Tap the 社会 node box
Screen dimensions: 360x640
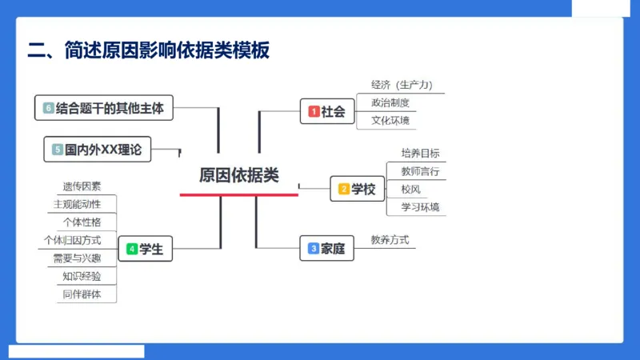click(x=328, y=112)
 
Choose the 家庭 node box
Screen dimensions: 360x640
click(x=326, y=249)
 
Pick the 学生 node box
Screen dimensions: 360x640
click(x=145, y=250)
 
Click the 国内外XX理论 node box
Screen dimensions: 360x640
click(x=98, y=149)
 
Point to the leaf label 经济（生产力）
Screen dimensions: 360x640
click(x=406, y=85)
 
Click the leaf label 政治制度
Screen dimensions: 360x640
click(x=390, y=102)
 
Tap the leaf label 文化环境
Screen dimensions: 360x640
click(x=390, y=121)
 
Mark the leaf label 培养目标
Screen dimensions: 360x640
click(x=420, y=153)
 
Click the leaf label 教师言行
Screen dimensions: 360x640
click(x=420, y=171)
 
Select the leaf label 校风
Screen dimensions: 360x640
click(x=411, y=190)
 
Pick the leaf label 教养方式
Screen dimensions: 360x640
click(x=390, y=239)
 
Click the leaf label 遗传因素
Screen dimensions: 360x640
click(x=82, y=186)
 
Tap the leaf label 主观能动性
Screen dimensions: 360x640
click(x=77, y=204)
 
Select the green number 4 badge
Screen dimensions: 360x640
click(x=131, y=250)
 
